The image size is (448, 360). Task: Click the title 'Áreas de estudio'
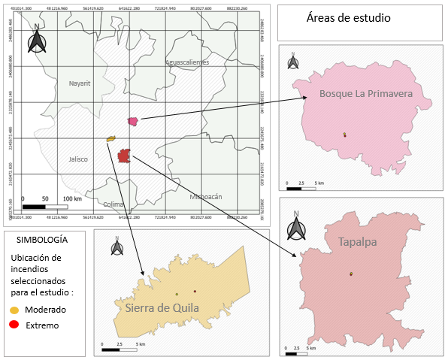349,18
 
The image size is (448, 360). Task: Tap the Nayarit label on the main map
79,83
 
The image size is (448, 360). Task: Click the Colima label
114,204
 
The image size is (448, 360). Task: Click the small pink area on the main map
133,120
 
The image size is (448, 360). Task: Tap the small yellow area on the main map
110,138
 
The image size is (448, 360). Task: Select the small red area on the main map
124,156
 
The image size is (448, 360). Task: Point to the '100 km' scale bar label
72,198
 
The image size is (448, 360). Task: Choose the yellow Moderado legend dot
14,310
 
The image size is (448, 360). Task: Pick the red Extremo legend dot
14,325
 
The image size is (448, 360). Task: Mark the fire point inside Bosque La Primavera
344,135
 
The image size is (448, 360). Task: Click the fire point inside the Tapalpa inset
351,274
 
